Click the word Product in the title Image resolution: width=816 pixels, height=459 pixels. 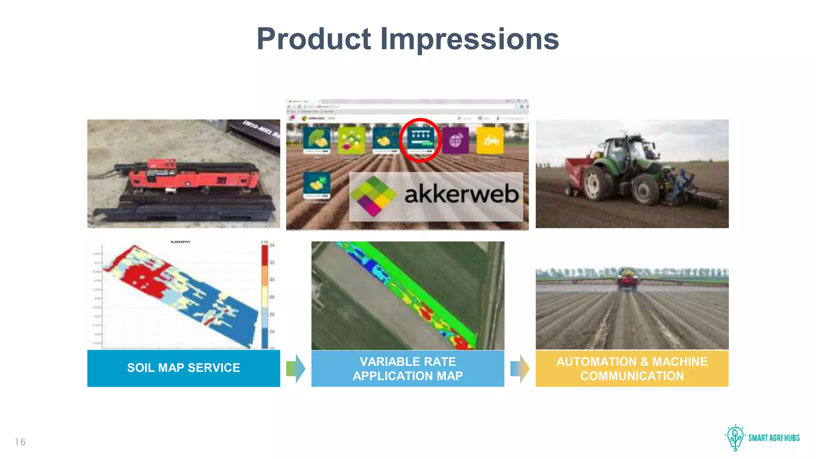314,39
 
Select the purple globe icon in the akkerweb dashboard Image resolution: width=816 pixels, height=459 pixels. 455,140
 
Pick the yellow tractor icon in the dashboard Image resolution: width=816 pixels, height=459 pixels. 490,140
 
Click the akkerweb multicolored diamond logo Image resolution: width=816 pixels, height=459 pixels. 373,196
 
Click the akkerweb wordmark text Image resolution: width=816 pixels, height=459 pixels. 461,195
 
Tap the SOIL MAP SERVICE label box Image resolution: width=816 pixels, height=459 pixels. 183,368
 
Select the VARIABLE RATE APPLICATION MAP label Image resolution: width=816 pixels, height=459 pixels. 408,369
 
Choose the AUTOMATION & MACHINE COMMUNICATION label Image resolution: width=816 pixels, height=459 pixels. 632,369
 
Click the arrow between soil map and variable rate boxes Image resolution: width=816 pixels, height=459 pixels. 296,369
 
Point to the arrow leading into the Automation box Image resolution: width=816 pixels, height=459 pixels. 520,369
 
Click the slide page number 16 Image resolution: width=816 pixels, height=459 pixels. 20,442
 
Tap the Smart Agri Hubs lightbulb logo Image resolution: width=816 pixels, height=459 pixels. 735,437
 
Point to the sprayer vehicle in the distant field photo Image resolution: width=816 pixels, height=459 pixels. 627,279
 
